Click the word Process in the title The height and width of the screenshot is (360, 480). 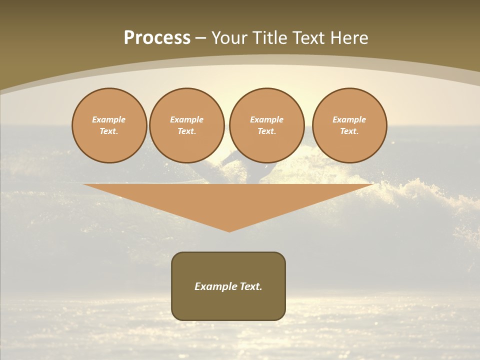pyautogui.click(x=157, y=38)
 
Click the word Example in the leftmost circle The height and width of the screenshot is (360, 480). pyautogui.click(x=109, y=119)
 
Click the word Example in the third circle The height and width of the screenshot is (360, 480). pyautogui.click(x=266, y=119)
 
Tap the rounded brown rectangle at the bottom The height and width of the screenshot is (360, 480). pyautogui.click(x=228, y=305)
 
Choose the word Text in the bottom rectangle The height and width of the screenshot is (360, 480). pyautogui.click(x=251, y=286)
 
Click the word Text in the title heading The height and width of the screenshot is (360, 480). pyautogui.click(x=310, y=38)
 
